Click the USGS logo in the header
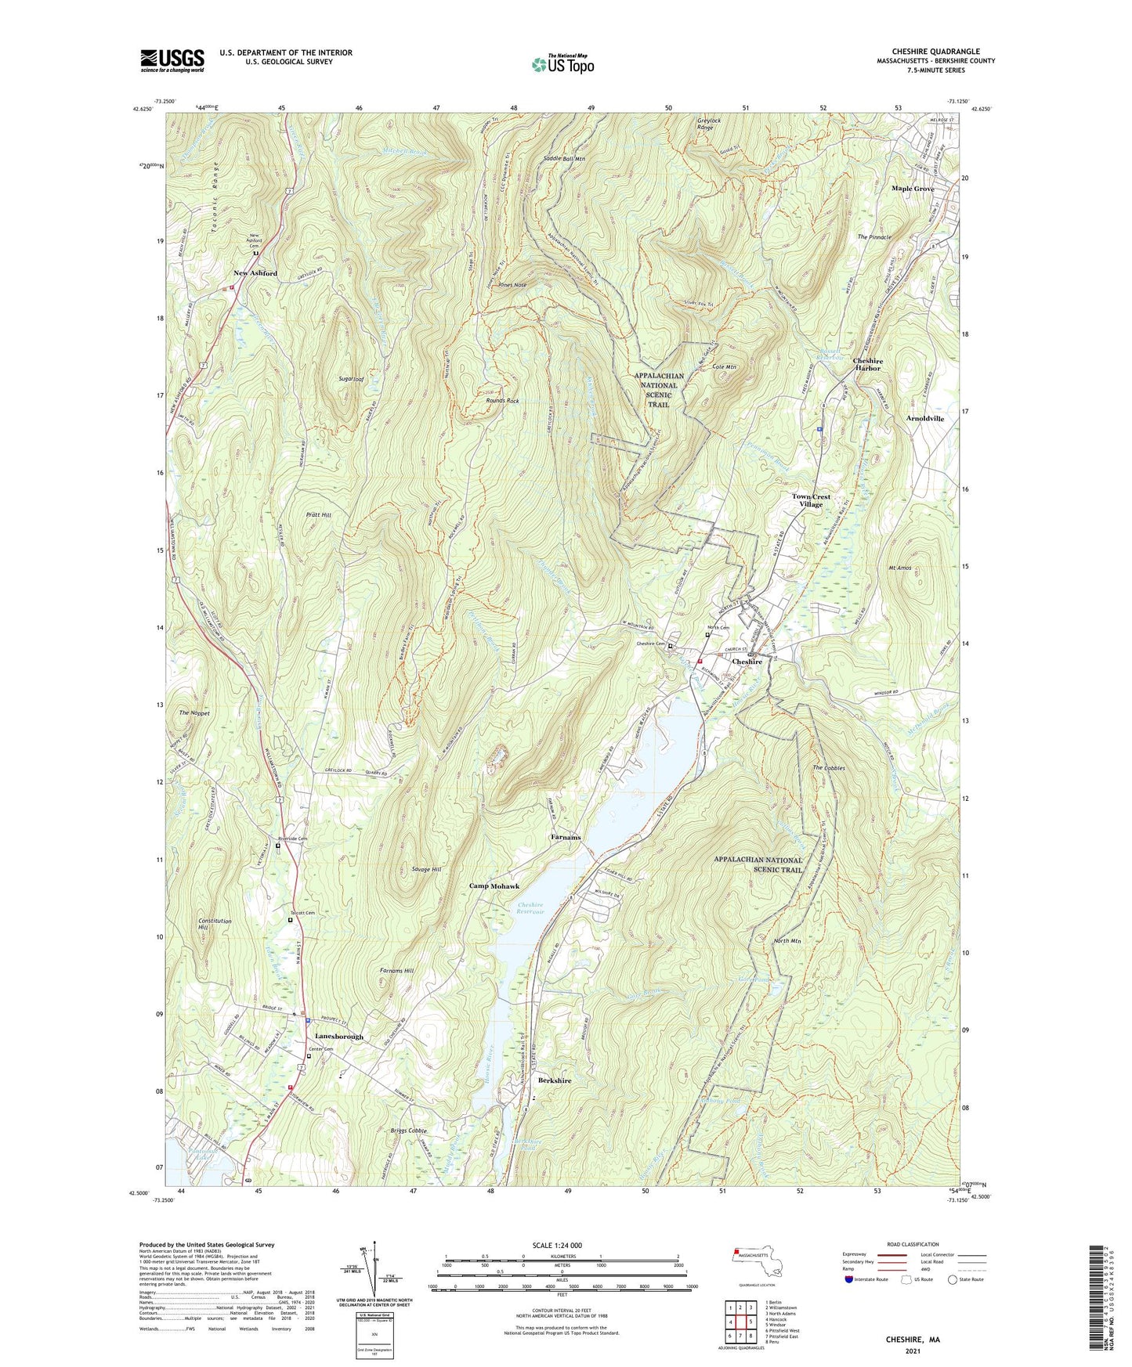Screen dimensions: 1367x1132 pos(172,60)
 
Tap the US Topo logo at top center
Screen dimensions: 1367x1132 pos(562,64)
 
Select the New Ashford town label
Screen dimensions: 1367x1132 pos(255,273)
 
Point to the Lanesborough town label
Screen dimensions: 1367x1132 pos(339,1037)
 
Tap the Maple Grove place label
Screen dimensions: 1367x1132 pos(913,189)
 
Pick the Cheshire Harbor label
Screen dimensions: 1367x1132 pos(867,365)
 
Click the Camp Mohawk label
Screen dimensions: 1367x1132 pos(494,886)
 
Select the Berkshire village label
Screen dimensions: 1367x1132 pos(555,1080)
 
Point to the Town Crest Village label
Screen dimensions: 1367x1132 pos(811,500)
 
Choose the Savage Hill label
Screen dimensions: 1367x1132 pos(426,870)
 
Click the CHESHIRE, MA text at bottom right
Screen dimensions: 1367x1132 pos(913,1340)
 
